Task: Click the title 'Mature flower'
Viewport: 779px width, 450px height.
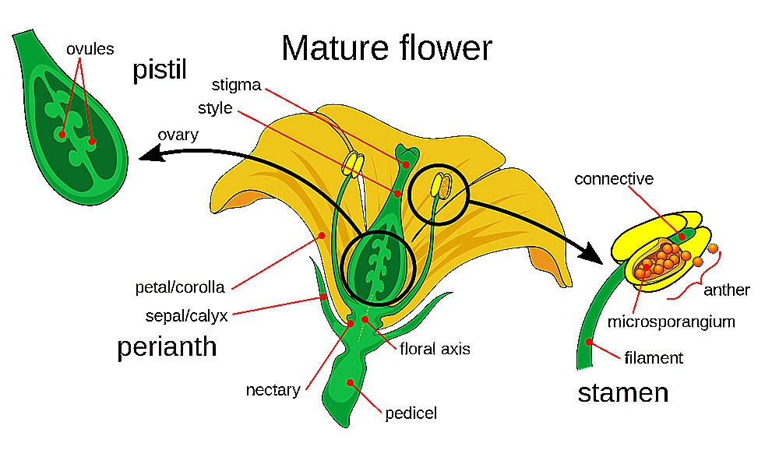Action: click(x=386, y=48)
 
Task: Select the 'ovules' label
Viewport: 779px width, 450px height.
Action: click(x=90, y=49)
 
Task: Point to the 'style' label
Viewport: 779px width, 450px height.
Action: click(x=214, y=107)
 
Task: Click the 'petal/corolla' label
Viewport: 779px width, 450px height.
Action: click(x=179, y=287)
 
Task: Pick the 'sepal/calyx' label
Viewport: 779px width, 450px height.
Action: click(x=185, y=316)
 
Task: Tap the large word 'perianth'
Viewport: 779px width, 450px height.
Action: click(x=167, y=346)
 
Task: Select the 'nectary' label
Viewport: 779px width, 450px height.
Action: click(x=273, y=390)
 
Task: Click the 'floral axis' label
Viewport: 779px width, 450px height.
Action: click(x=435, y=348)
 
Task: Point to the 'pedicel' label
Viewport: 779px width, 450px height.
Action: click(x=411, y=413)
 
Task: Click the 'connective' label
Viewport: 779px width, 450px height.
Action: click(x=614, y=179)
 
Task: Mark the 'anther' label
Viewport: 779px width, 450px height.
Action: click(x=726, y=290)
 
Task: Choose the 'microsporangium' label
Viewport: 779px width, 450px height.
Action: click(x=671, y=321)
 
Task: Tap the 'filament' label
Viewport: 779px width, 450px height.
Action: click(x=653, y=358)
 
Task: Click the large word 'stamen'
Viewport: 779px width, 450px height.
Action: click(x=622, y=392)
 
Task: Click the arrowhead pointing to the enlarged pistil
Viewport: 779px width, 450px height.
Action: click(x=149, y=158)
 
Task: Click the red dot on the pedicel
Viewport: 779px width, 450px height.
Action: click(x=351, y=381)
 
